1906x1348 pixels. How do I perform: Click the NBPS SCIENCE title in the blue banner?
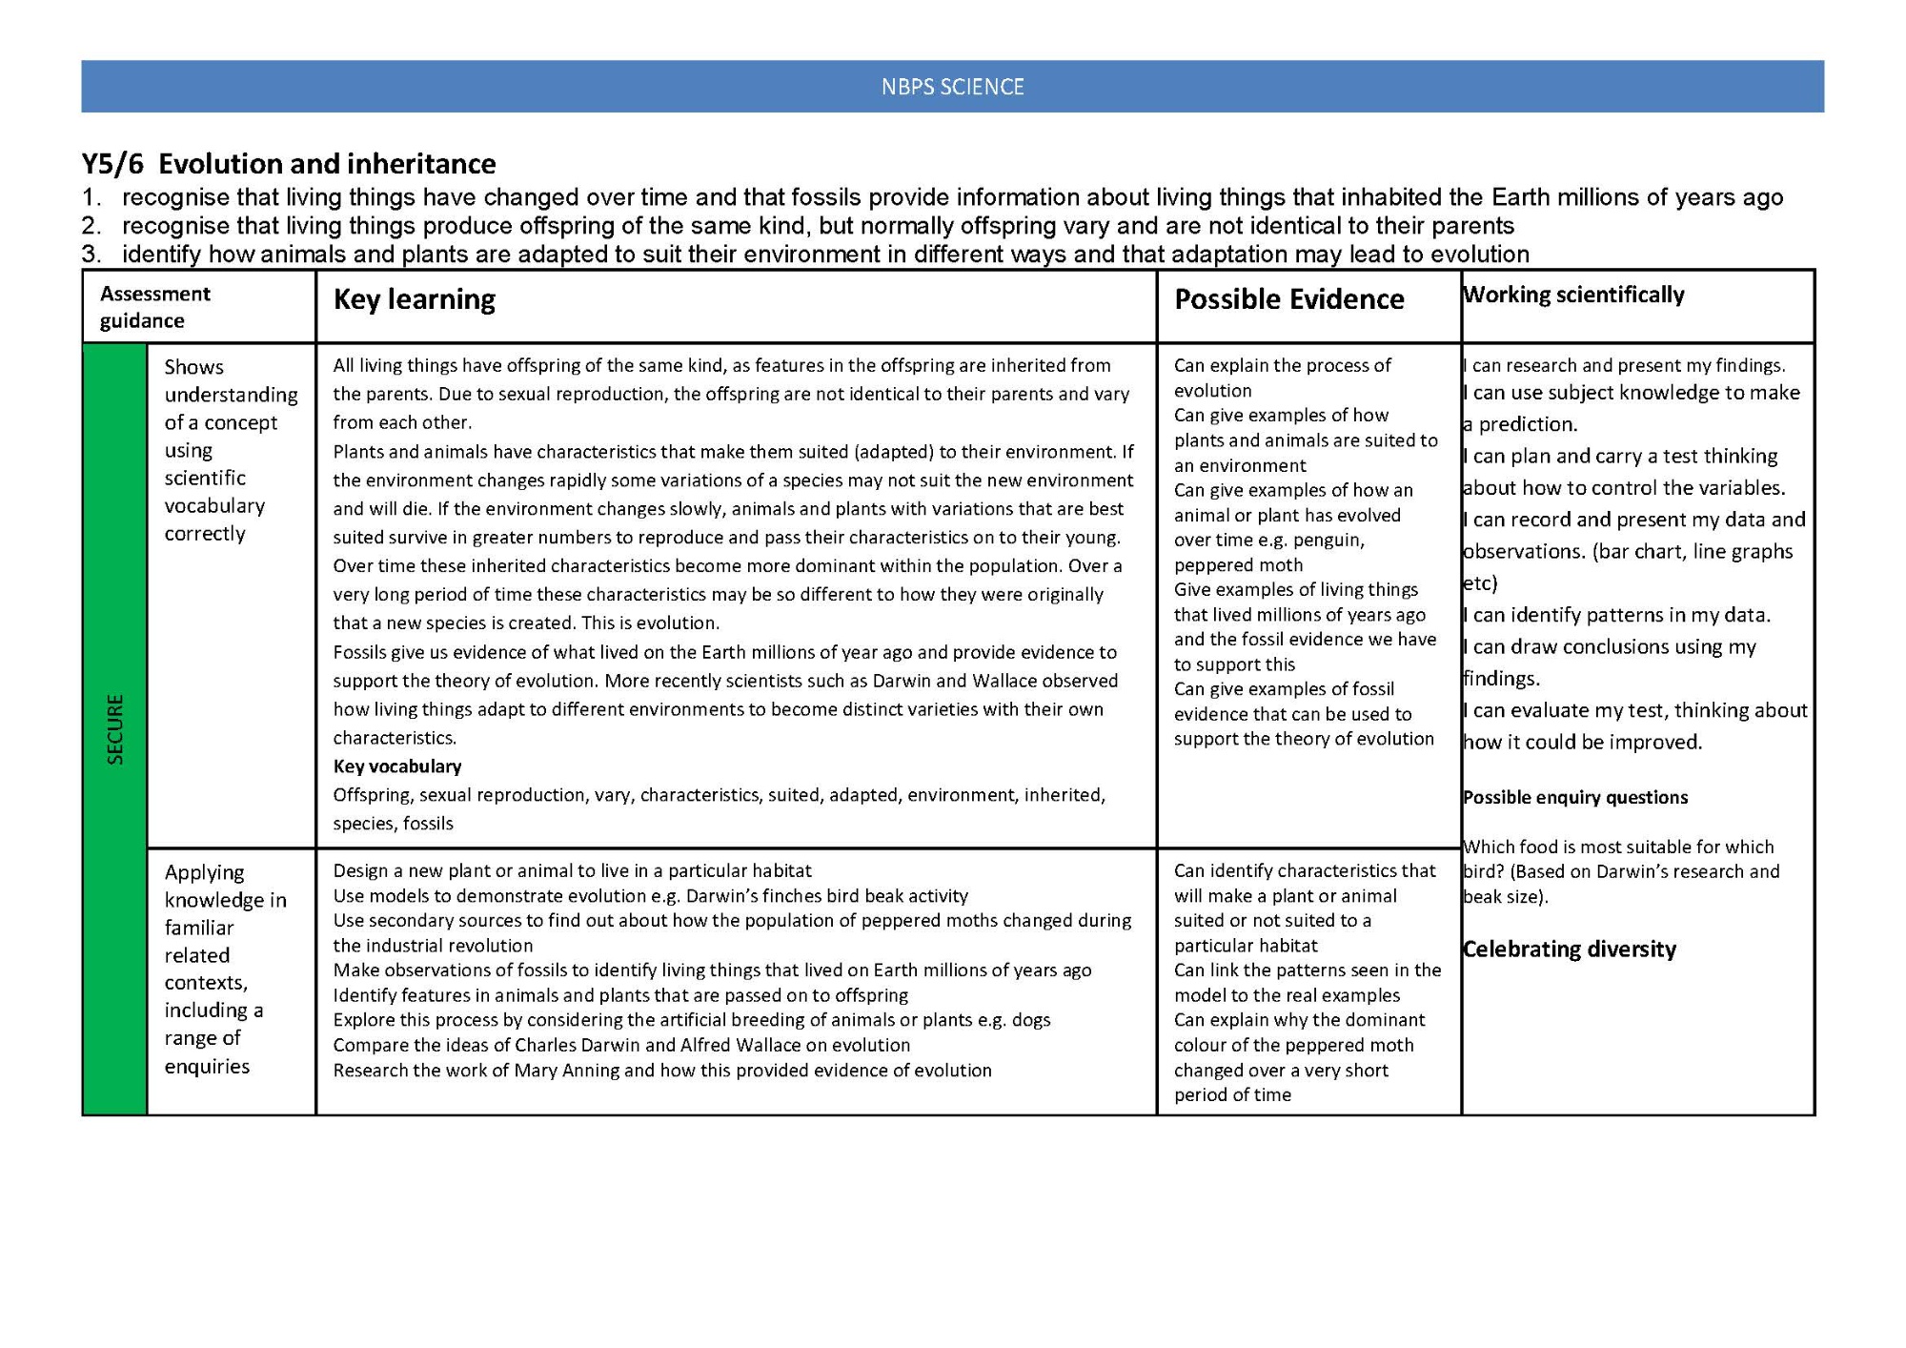point(952,87)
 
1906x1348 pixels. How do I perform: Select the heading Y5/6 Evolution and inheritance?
point(288,164)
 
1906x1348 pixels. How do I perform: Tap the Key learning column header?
point(414,299)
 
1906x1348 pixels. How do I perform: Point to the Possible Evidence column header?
point(1288,299)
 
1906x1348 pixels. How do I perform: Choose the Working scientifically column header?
point(1573,295)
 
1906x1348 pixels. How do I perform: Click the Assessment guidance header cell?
point(155,307)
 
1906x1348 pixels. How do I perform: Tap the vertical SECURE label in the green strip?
point(115,729)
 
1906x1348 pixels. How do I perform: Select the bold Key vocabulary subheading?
point(396,766)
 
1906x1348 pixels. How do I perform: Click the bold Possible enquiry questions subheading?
point(1574,797)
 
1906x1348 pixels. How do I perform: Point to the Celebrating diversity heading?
point(1569,949)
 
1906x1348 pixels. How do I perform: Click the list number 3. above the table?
point(91,255)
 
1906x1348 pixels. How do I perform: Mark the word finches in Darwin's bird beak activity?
point(767,896)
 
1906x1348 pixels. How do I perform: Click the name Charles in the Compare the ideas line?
point(547,1045)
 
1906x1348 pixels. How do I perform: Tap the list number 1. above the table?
point(91,197)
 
